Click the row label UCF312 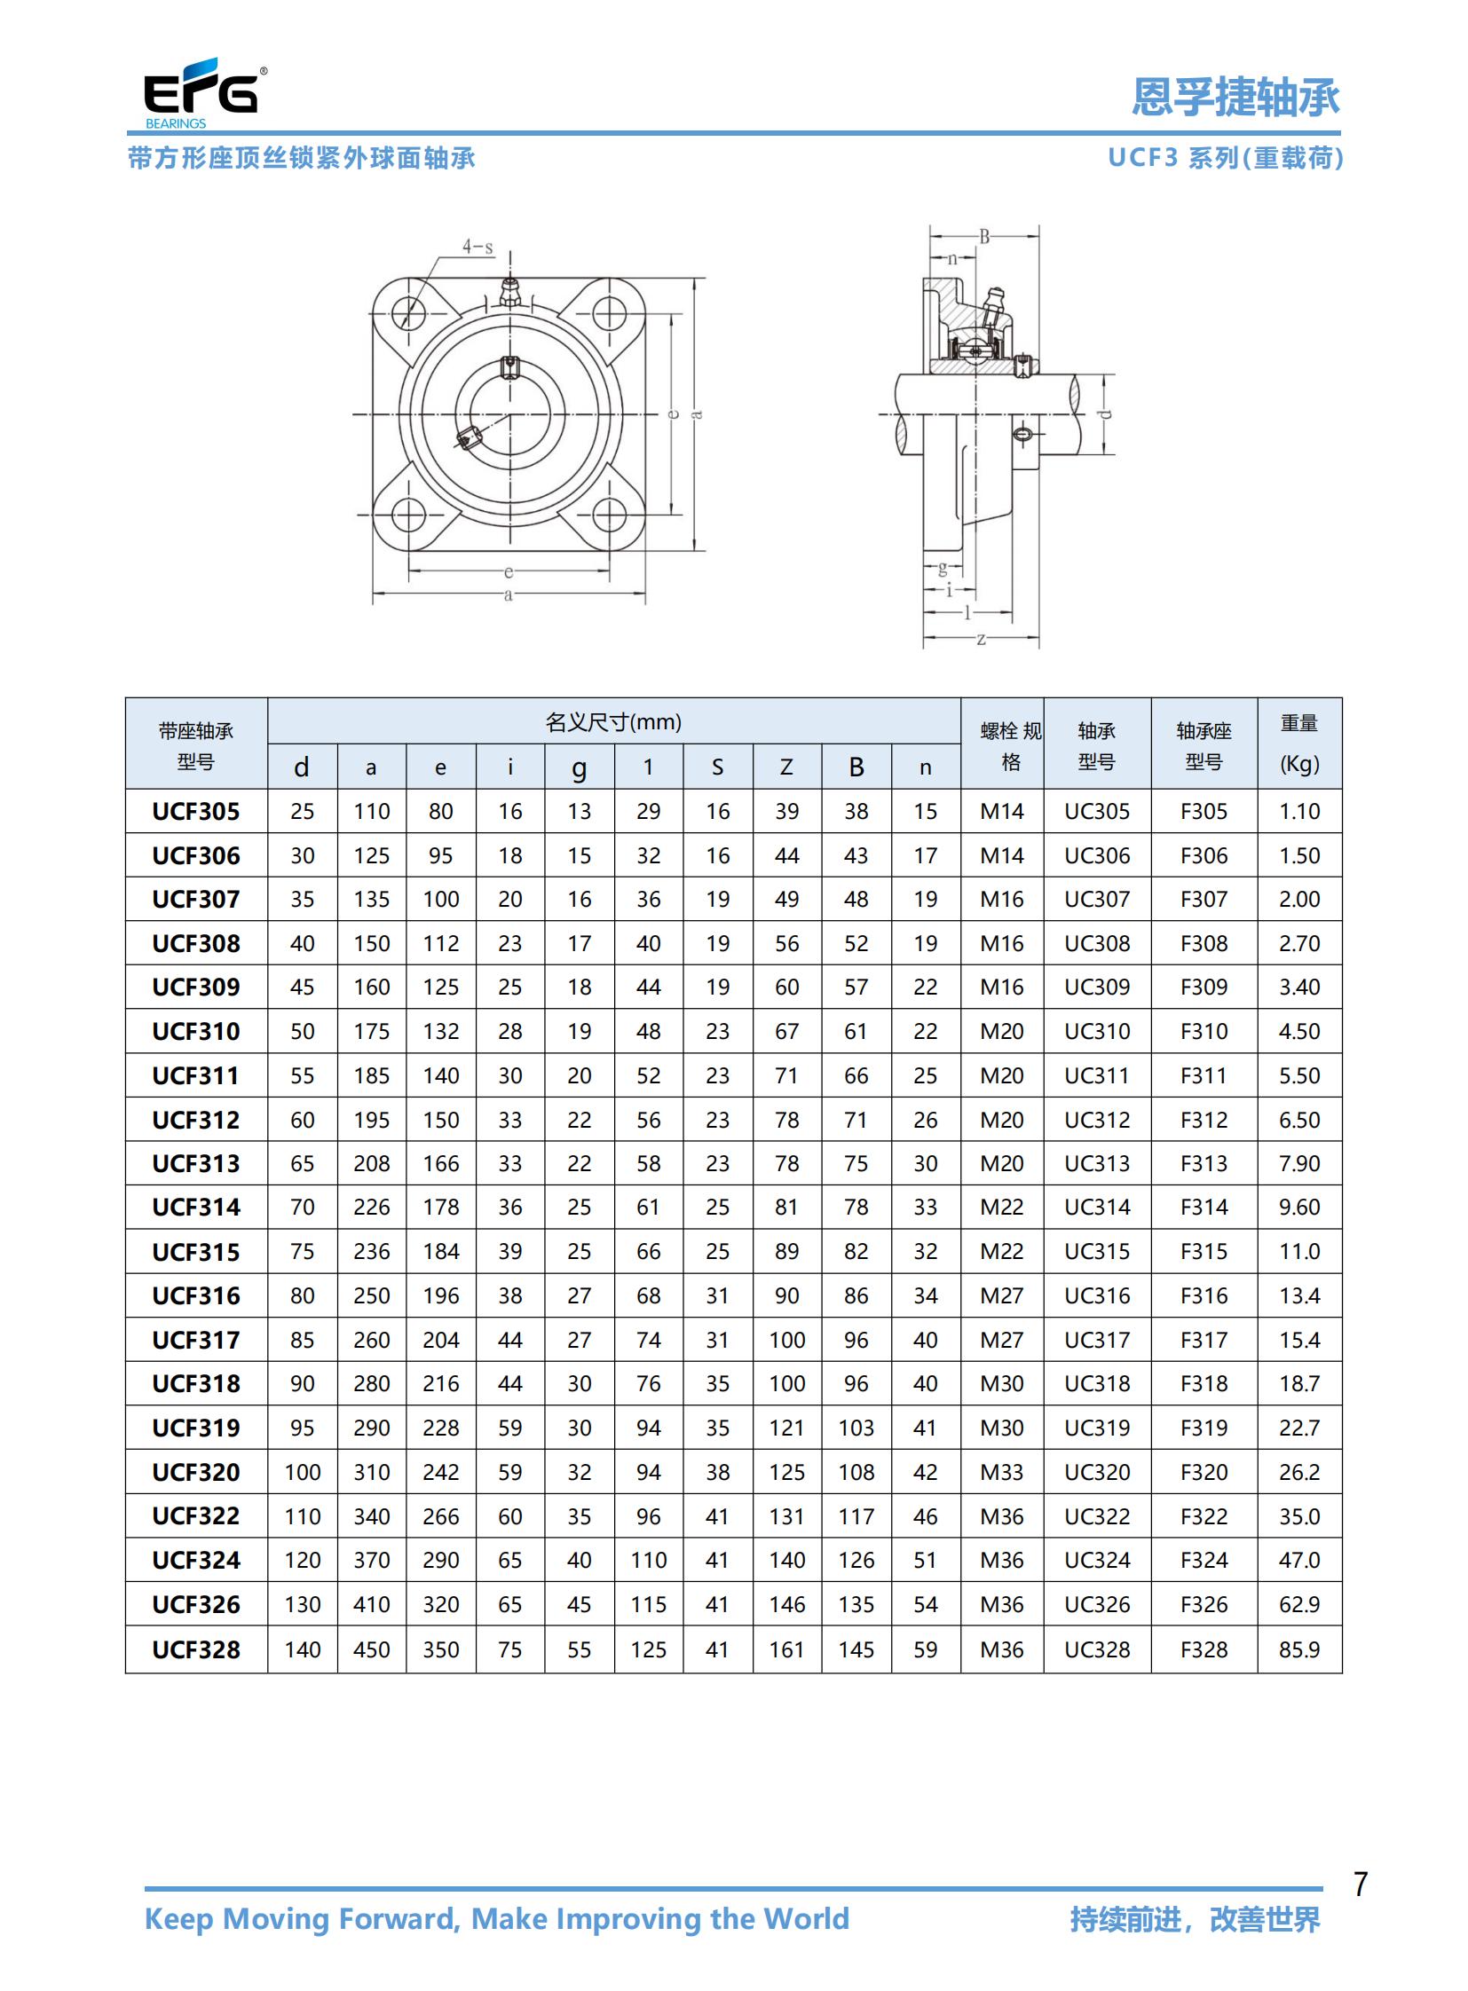(195, 1120)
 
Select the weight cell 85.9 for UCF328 (1299, 1649)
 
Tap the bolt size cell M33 (1001, 1472)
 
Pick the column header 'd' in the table (302, 767)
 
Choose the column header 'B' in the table (856, 767)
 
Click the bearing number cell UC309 (1097, 987)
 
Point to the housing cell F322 (1204, 1516)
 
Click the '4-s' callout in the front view (477, 247)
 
